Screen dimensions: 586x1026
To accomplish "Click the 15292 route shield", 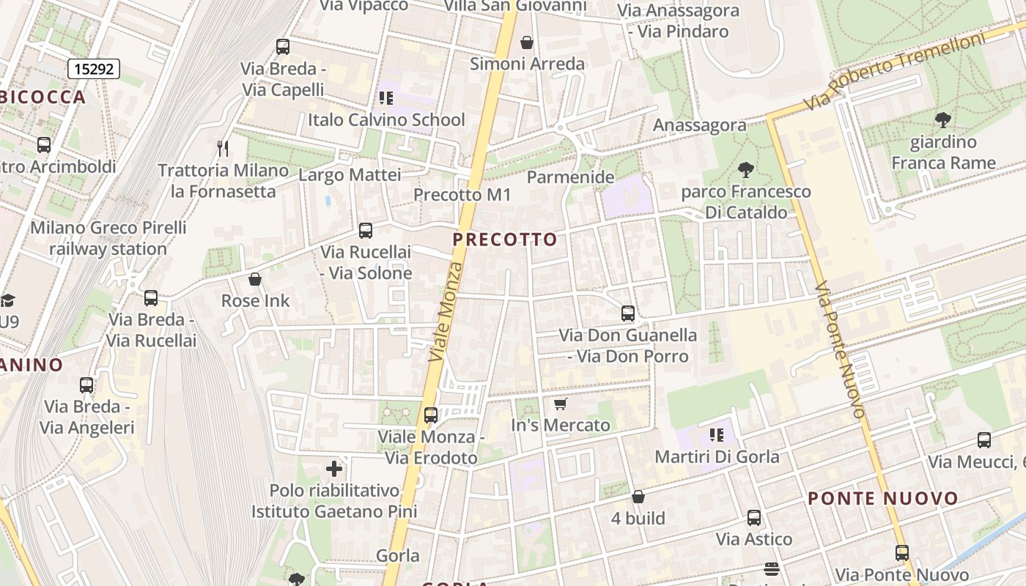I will point(94,69).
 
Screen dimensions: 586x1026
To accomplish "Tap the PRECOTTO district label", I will point(505,240).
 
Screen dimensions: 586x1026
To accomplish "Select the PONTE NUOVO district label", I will point(882,499).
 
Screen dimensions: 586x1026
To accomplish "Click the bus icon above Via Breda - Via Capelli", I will point(283,47).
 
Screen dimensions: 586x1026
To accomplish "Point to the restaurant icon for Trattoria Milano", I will point(223,149).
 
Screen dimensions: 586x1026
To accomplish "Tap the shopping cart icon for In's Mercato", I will point(561,404).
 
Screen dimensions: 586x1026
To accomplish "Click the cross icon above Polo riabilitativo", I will point(334,469).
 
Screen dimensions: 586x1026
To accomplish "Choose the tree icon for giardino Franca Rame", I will point(943,119).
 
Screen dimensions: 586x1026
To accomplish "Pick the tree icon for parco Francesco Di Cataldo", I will point(746,170).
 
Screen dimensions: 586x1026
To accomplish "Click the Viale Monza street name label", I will point(446,311).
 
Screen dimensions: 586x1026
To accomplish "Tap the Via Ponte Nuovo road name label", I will point(840,349).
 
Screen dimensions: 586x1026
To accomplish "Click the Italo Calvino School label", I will point(386,119).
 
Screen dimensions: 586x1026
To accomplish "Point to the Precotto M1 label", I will point(462,195).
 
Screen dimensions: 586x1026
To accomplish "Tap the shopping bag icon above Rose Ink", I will point(255,279).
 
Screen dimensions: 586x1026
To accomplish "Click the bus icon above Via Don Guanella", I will point(628,314).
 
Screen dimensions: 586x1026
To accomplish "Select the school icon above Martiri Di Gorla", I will point(717,435).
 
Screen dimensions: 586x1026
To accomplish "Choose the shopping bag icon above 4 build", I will point(638,497).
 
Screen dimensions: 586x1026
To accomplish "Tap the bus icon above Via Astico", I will point(754,518).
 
